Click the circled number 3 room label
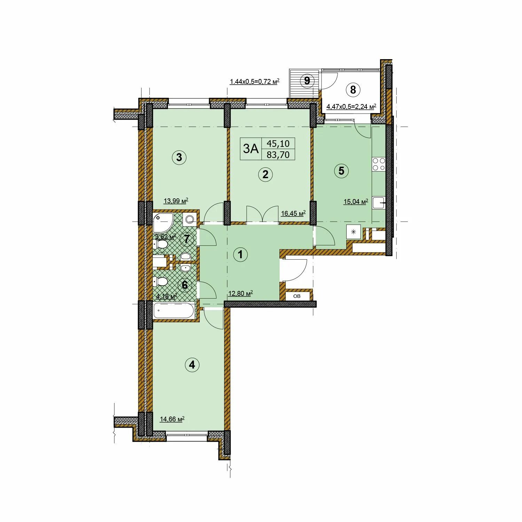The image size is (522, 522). point(179,157)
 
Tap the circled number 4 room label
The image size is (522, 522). point(192,365)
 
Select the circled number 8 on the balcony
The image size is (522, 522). point(353,90)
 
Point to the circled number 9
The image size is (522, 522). point(307,81)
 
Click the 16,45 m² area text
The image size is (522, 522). point(293,213)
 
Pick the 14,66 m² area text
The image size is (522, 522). point(172,419)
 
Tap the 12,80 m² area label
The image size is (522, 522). point(240,293)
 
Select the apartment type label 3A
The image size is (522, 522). point(251,149)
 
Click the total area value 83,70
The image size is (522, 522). point(278,155)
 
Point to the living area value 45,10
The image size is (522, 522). point(278,143)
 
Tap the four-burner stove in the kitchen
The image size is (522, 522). point(379,164)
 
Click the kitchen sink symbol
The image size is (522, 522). point(379,203)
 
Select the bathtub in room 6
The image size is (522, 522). point(174,310)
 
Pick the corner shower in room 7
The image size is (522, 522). point(162,222)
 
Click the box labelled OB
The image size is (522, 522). point(297,296)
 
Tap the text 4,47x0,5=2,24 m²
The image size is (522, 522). point(351,106)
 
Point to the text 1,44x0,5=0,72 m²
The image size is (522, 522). point(255,82)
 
